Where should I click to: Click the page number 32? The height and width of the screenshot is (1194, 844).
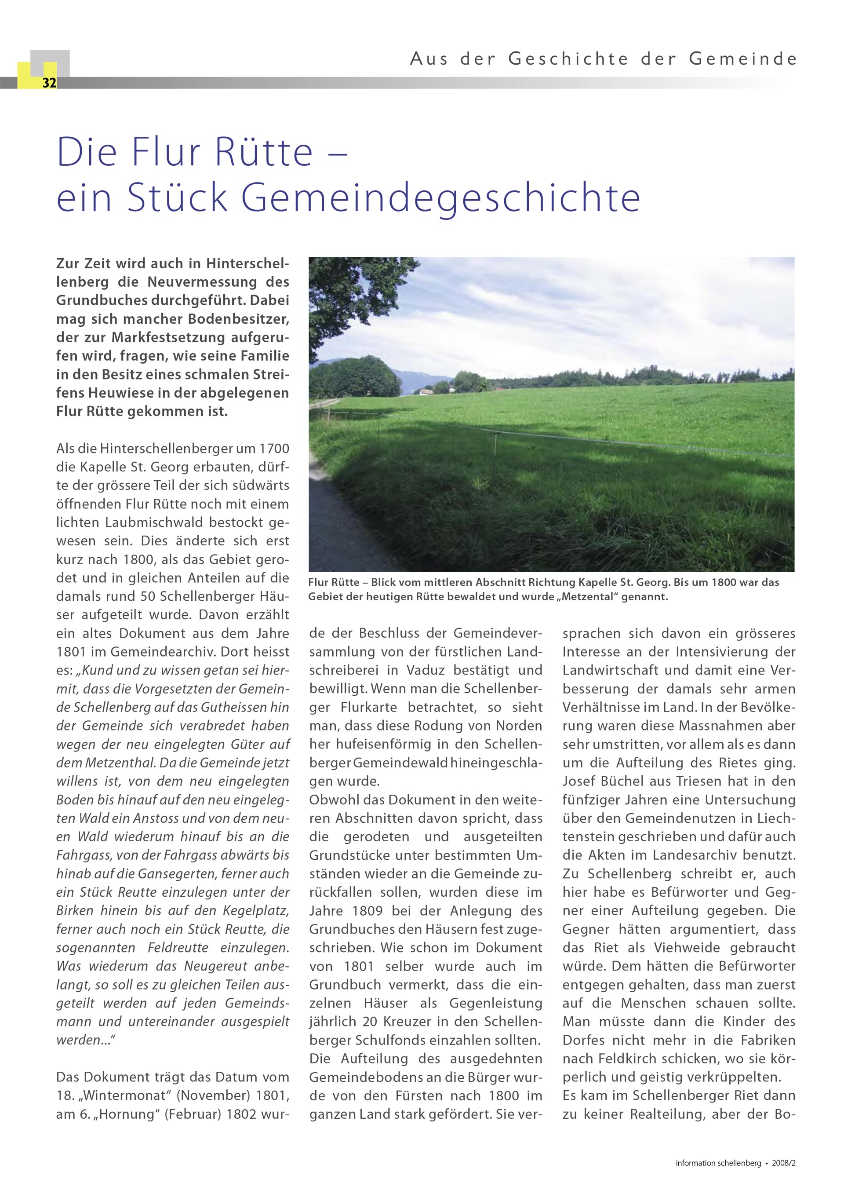coord(49,83)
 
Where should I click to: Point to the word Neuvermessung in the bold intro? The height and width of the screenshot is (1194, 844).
coord(203,282)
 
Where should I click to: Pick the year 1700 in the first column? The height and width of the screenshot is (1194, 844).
coord(273,449)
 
